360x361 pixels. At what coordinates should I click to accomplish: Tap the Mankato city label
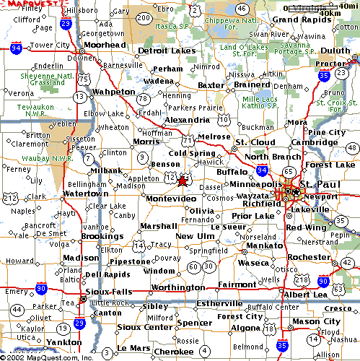(260, 245)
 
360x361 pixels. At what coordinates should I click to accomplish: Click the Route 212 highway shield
(10, 197)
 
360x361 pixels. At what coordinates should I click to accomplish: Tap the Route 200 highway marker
(144, 18)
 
